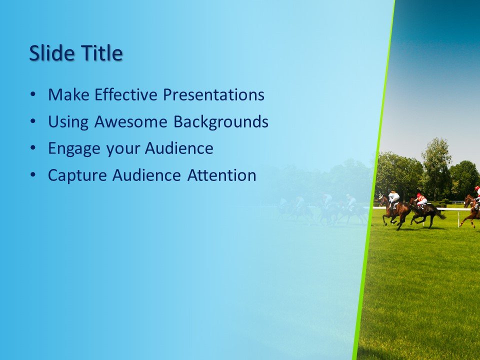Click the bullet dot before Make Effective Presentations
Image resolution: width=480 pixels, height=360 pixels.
click(x=33, y=94)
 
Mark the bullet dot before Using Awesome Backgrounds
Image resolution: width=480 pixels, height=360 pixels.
click(x=33, y=121)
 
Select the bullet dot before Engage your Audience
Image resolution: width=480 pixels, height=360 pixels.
click(x=33, y=148)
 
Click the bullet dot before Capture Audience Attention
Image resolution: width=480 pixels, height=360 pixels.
click(x=33, y=175)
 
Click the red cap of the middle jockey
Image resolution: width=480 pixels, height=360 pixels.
click(x=418, y=194)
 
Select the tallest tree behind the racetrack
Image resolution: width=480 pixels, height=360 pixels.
click(x=436, y=160)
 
